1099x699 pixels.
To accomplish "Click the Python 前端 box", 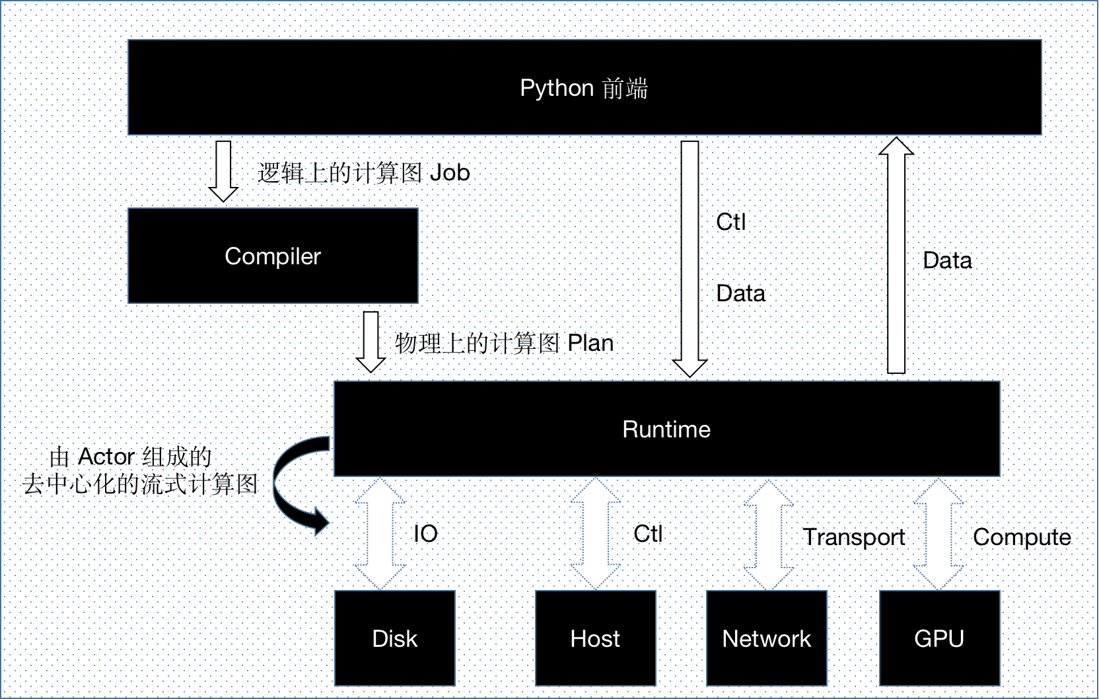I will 584,88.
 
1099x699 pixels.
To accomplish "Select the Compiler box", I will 272,256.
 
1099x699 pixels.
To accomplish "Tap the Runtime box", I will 666,429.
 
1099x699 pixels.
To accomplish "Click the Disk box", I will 394,638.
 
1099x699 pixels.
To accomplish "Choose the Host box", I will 594,638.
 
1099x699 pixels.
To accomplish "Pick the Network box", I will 766,638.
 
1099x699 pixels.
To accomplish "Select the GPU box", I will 939,638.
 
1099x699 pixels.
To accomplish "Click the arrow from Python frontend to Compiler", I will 223,170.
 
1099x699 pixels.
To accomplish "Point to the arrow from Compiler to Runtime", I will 371,342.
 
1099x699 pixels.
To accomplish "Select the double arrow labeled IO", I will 380,534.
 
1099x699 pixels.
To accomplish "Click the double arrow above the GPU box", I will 939,534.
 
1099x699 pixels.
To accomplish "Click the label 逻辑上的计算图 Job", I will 363,173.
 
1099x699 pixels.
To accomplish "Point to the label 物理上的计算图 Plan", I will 504,344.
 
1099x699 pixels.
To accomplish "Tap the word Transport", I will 853,537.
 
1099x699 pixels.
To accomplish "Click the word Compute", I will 1021,537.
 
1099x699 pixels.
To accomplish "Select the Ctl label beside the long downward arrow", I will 730,222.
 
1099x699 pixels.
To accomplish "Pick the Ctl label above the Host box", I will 647,534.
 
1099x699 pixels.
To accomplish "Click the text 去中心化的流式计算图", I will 139,484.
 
